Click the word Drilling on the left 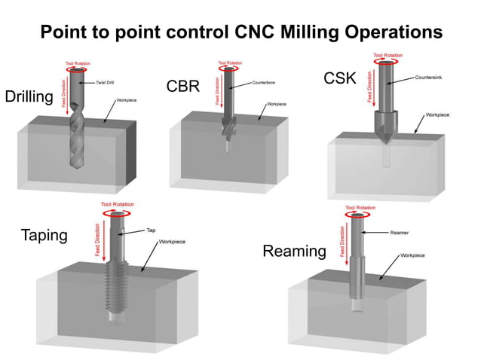click(x=29, y=97)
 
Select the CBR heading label click(x=182, y=86)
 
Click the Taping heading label click(x=43, y=235)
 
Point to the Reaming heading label click(x=294, y=251)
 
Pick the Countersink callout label click(x=428, y=78)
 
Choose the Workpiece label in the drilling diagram click(x=127, y=99)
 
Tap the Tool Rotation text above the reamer click(x=360, y=208)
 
